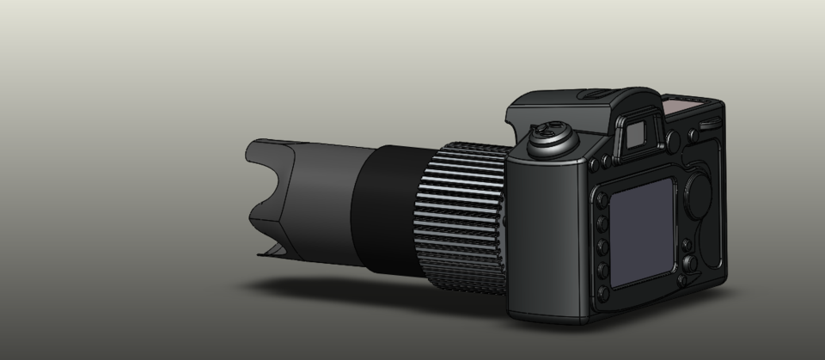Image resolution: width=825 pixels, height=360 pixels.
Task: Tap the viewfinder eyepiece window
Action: tap(637, 133)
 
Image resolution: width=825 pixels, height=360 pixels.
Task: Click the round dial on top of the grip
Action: tap(550, 138)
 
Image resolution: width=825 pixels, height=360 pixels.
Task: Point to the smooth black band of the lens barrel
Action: tap(387, 206)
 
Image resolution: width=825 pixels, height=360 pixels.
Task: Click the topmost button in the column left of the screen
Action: tap(602, 204)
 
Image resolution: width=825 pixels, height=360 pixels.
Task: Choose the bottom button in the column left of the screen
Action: tap(603, 293)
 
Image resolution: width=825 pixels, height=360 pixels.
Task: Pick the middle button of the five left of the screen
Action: tap(602, 247)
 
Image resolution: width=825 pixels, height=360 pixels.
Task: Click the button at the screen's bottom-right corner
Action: tap(682, 278)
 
